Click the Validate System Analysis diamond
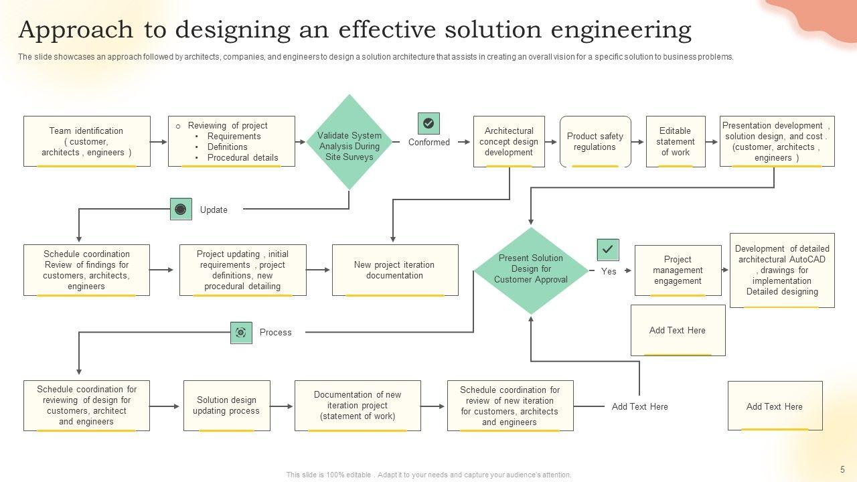[349, 142]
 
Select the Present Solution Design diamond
[531, 270]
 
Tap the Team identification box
[86, 141]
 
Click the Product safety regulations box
[595, 141]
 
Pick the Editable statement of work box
[675, 141]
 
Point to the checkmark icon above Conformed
[428, 123]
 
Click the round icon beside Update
[181, 210]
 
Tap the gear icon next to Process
[241, 333]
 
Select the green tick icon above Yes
[607, 250]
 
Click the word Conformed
[429, 142]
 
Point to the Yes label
[609, 271]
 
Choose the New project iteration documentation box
[395, 270]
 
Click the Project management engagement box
[678, 270]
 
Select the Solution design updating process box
[226, 406]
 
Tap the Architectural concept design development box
[509, 141]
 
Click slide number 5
[842, 469]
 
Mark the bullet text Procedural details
[242, 158]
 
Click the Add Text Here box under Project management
[678, 330]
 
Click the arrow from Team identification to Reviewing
[159, 142]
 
